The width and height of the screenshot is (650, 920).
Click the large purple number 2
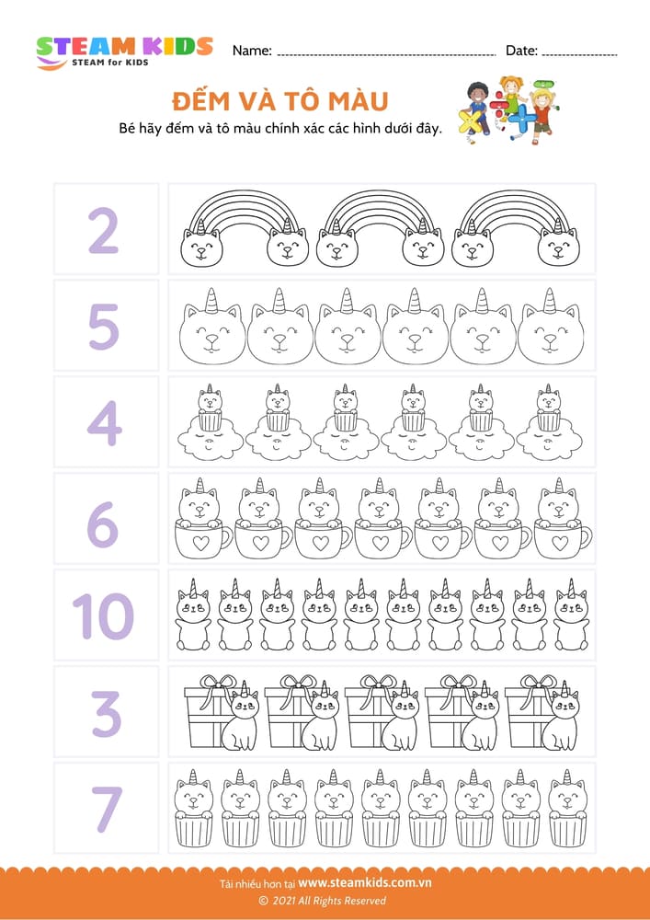[x=104, y=231]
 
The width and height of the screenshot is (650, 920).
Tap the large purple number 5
[x=104, y=327]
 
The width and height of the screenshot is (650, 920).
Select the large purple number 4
[x=104, y=423]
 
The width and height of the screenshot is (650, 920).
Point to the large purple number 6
[x=103, y=519]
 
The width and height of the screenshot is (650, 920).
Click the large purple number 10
[x=103, y=616]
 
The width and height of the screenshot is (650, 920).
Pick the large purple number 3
[x=106, y=713]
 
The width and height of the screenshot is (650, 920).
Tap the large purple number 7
[x=106, y=809]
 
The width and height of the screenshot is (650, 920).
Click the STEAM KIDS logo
[x=124, y=52]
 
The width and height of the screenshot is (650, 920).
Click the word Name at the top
[x=252, y=51]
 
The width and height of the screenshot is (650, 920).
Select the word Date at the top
[x=521, y=51]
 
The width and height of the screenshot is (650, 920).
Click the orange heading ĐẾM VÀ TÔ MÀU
[x=280, y=101]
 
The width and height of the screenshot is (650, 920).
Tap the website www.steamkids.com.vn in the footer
[x=365, y=882]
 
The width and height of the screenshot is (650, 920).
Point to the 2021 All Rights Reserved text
[x=323, y=901]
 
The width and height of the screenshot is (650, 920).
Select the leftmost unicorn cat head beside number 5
[x=212, y=327]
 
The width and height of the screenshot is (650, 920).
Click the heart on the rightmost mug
[x=560, y=543]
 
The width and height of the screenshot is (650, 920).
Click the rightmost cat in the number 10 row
[x=571, y=615]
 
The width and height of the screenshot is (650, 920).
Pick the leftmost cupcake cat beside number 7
[x=193, y=808]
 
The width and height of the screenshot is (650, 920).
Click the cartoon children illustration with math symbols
[x=510, y=109]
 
